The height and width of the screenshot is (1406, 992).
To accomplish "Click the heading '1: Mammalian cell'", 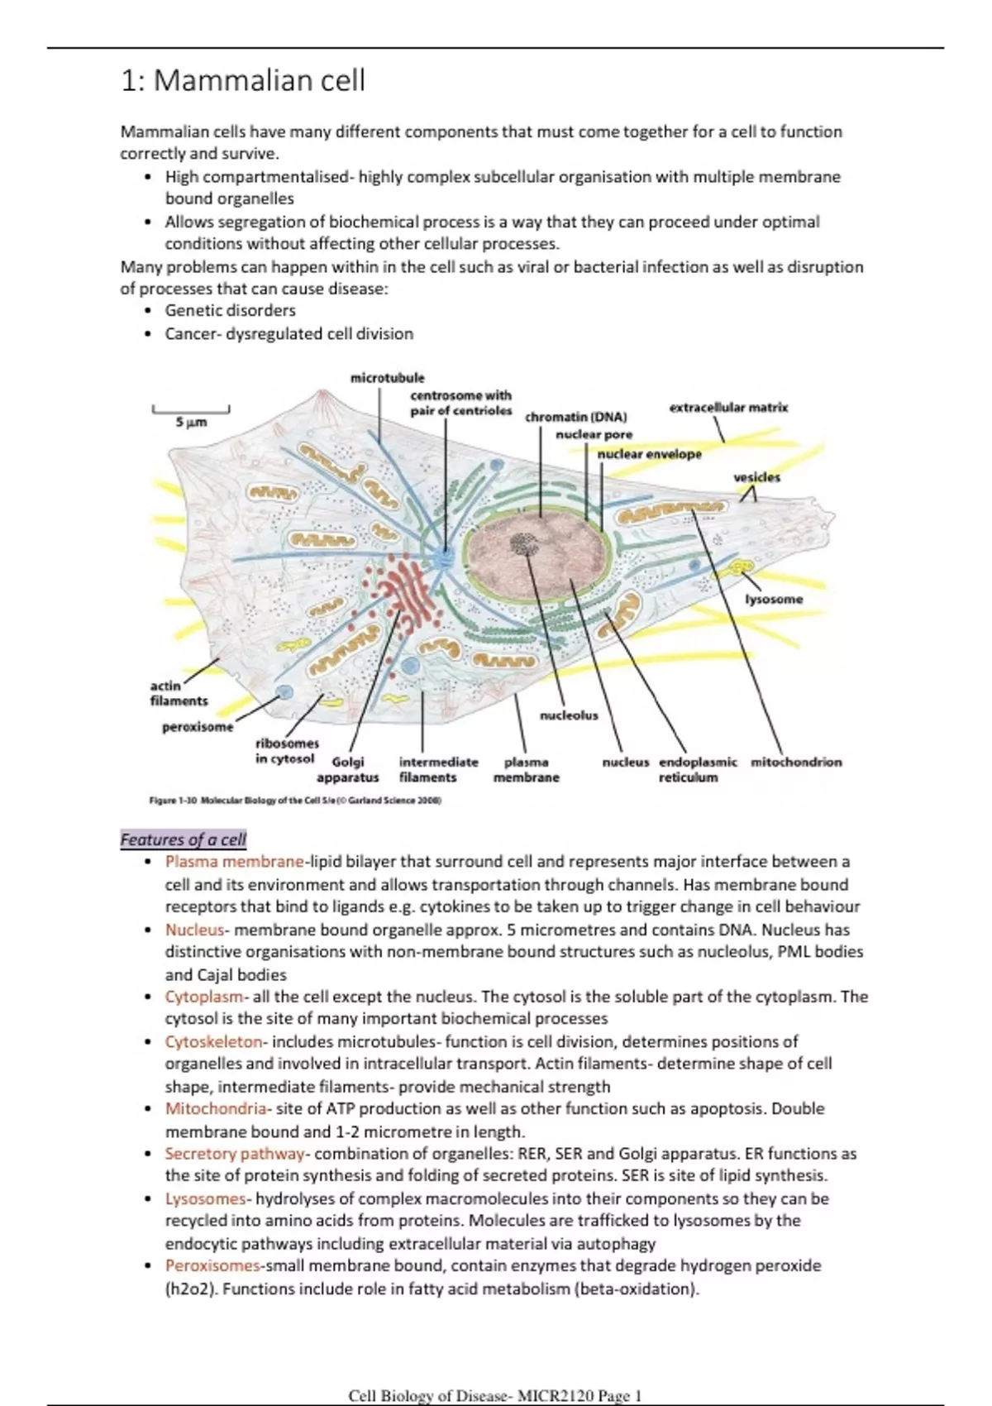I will [x=242, y=81].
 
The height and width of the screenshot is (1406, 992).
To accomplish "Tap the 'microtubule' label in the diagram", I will [x=387, y=378].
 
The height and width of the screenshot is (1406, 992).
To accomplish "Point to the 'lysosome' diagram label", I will [x=774, y=599].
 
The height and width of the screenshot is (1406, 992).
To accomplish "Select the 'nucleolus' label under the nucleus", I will [x=569, y=715].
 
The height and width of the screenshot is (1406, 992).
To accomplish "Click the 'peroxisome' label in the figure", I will [x=197, y=727].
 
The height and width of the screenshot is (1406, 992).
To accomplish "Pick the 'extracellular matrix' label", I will [x=728, y=407].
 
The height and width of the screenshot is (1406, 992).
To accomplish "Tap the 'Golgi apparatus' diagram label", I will [x=348, y=769].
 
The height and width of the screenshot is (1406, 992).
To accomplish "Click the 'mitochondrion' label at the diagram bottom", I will [x=796, y=762].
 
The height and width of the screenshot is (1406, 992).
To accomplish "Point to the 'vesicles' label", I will [x=756, y=477].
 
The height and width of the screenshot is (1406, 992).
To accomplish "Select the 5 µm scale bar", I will [x=191, y=410].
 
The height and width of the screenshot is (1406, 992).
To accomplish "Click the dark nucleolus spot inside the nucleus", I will [x=523, y=543].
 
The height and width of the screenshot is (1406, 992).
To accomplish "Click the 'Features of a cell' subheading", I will [x=183, y=839].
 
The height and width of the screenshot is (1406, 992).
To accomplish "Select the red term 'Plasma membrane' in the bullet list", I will [x=235, y=862].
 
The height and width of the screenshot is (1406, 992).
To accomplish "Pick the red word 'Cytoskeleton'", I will [x=214, y=1041].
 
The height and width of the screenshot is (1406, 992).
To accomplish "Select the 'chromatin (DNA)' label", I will [x=575, y=417].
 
